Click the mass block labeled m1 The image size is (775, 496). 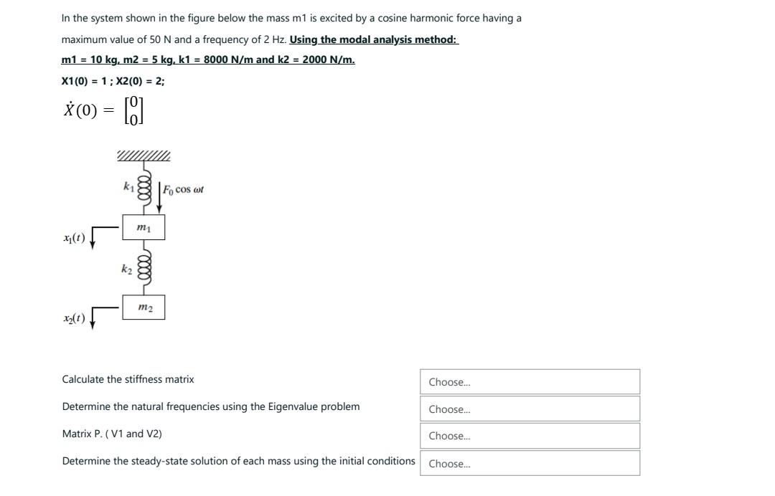click(x=144, y=227)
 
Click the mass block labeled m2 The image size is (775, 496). click(x=144, y=307)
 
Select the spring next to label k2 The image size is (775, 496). click(x=144, y=267)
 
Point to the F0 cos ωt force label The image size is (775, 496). click(x=183, y=190)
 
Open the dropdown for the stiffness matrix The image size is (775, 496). click(x=530, y=382)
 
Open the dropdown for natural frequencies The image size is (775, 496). click(x=530, y=409)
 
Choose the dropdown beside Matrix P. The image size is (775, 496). click(x=530, y=436)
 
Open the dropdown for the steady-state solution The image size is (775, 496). click(x=530, y=464)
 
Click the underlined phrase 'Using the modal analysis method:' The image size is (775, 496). click(x=373, y=39)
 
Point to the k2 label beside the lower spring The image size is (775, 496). click(x=126, y=269)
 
